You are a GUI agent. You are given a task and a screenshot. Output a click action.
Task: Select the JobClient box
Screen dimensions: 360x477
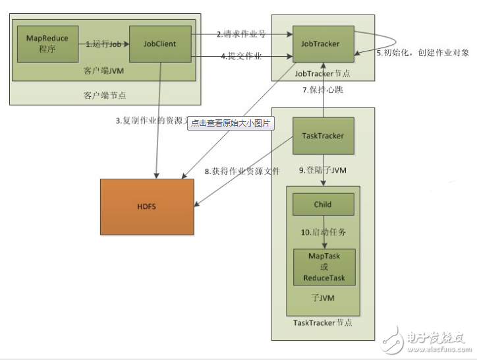160,44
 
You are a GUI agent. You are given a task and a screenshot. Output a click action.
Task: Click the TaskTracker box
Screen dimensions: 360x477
323,136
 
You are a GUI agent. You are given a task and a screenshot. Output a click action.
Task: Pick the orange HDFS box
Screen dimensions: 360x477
147,207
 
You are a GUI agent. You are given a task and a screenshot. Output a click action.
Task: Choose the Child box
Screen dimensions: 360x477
323,204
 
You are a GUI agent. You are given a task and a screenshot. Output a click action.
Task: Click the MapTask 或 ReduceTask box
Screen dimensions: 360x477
323,267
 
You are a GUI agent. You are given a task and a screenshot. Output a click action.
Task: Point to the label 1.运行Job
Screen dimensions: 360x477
104,44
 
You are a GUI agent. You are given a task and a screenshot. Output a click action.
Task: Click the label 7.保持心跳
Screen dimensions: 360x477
323,90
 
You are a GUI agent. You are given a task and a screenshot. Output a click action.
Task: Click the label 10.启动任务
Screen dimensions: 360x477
323,233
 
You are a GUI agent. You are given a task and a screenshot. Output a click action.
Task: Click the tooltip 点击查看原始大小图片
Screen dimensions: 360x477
231,123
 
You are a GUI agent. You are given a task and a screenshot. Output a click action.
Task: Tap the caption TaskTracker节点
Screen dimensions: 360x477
323,322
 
